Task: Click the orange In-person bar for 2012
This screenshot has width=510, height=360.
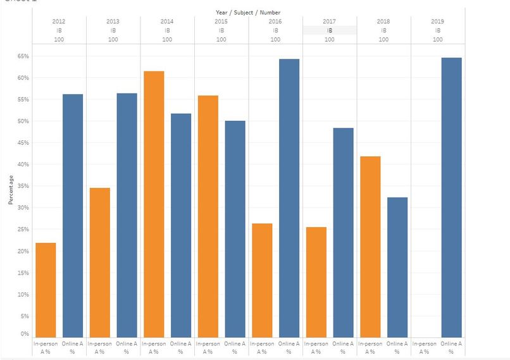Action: click(46, 290)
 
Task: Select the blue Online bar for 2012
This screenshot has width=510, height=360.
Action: click(73, 215)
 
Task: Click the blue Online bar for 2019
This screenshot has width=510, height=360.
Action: click(451, 197)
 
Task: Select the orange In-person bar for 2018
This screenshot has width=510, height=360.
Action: click(370, 246)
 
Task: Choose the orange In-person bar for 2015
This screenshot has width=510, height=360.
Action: click(208, 216)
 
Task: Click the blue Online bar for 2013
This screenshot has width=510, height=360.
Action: click(127, 215)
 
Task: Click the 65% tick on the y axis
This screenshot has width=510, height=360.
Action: click(23, 56)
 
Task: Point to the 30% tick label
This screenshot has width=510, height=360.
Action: click(23, 208)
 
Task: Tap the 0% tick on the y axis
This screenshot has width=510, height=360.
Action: click(25, 333)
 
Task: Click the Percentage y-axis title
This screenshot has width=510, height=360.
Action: click(10, 190)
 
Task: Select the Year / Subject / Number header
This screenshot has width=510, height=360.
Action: click(247, 12)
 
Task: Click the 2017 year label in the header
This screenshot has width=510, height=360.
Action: click(329, 22)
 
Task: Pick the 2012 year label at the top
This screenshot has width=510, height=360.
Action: click(59, 22)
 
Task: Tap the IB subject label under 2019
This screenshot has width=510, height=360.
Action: click(437, 30)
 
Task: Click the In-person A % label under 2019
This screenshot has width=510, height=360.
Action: click(424, 347)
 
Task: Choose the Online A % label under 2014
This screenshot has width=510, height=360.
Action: click(180, 347)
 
